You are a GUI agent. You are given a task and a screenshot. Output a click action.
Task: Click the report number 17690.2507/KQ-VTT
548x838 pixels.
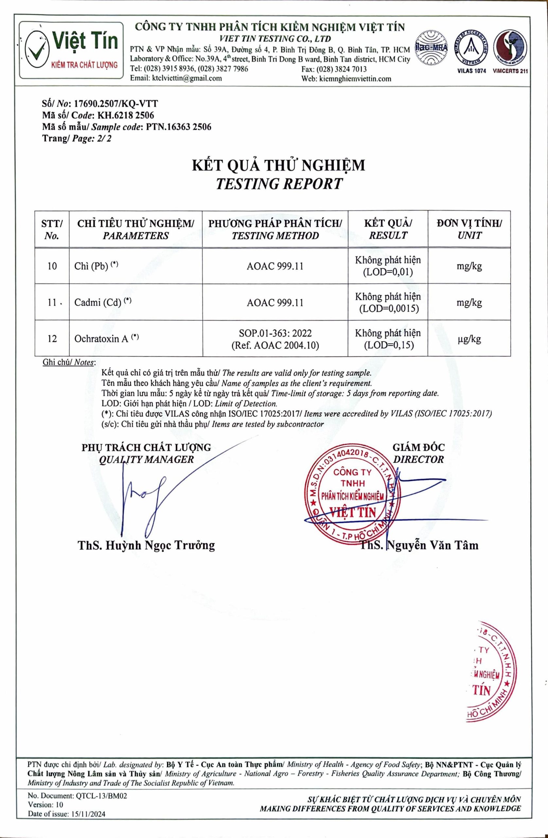[x=115, y=103]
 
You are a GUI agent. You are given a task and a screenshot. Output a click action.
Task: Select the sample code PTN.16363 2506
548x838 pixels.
[x=176, y=127]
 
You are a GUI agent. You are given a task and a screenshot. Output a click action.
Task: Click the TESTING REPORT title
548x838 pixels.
[x=279, y=184]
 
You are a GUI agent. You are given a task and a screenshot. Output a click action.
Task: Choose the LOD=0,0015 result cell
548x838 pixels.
[x=388, y=302]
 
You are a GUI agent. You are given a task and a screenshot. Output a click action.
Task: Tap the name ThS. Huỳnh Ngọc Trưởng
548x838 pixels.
[x=146, y=545]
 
